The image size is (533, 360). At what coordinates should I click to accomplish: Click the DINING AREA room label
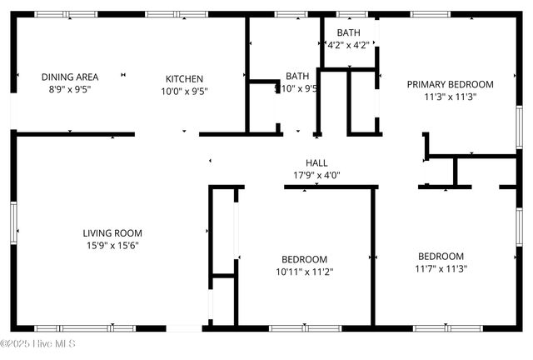70,77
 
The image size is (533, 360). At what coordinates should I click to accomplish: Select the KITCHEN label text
184,78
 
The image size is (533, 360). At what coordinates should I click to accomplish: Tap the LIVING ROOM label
112,233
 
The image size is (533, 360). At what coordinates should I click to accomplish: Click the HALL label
316,162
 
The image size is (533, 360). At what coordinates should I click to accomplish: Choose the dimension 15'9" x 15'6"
112,246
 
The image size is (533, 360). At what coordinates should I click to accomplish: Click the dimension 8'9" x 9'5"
70,91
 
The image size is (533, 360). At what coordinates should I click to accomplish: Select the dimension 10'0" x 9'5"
184,92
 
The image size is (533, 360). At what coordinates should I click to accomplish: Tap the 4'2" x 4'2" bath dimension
348,46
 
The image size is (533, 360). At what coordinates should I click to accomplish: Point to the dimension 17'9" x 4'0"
316,175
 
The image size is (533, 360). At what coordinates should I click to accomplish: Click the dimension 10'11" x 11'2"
304,272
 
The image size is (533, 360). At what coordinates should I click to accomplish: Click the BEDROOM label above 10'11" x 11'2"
304,259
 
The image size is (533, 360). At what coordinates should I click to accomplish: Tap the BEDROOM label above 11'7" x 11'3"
441,256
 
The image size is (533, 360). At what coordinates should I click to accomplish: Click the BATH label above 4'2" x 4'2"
348,32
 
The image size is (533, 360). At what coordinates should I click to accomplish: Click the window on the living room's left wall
13,223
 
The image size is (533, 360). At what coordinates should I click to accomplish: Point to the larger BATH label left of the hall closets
297,76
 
